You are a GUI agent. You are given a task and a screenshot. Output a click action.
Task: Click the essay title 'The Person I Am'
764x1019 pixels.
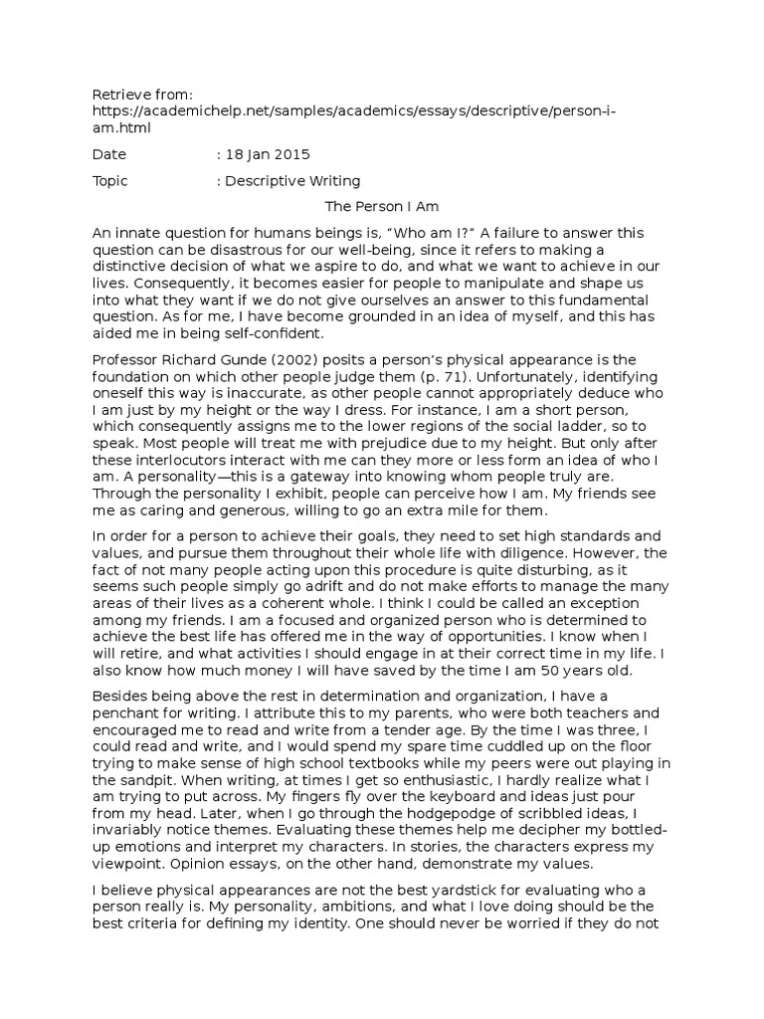[383, 207]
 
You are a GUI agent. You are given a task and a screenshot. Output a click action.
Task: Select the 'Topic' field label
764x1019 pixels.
[110, 181]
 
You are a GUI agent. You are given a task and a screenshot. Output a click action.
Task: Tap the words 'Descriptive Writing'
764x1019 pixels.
[292, 181]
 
